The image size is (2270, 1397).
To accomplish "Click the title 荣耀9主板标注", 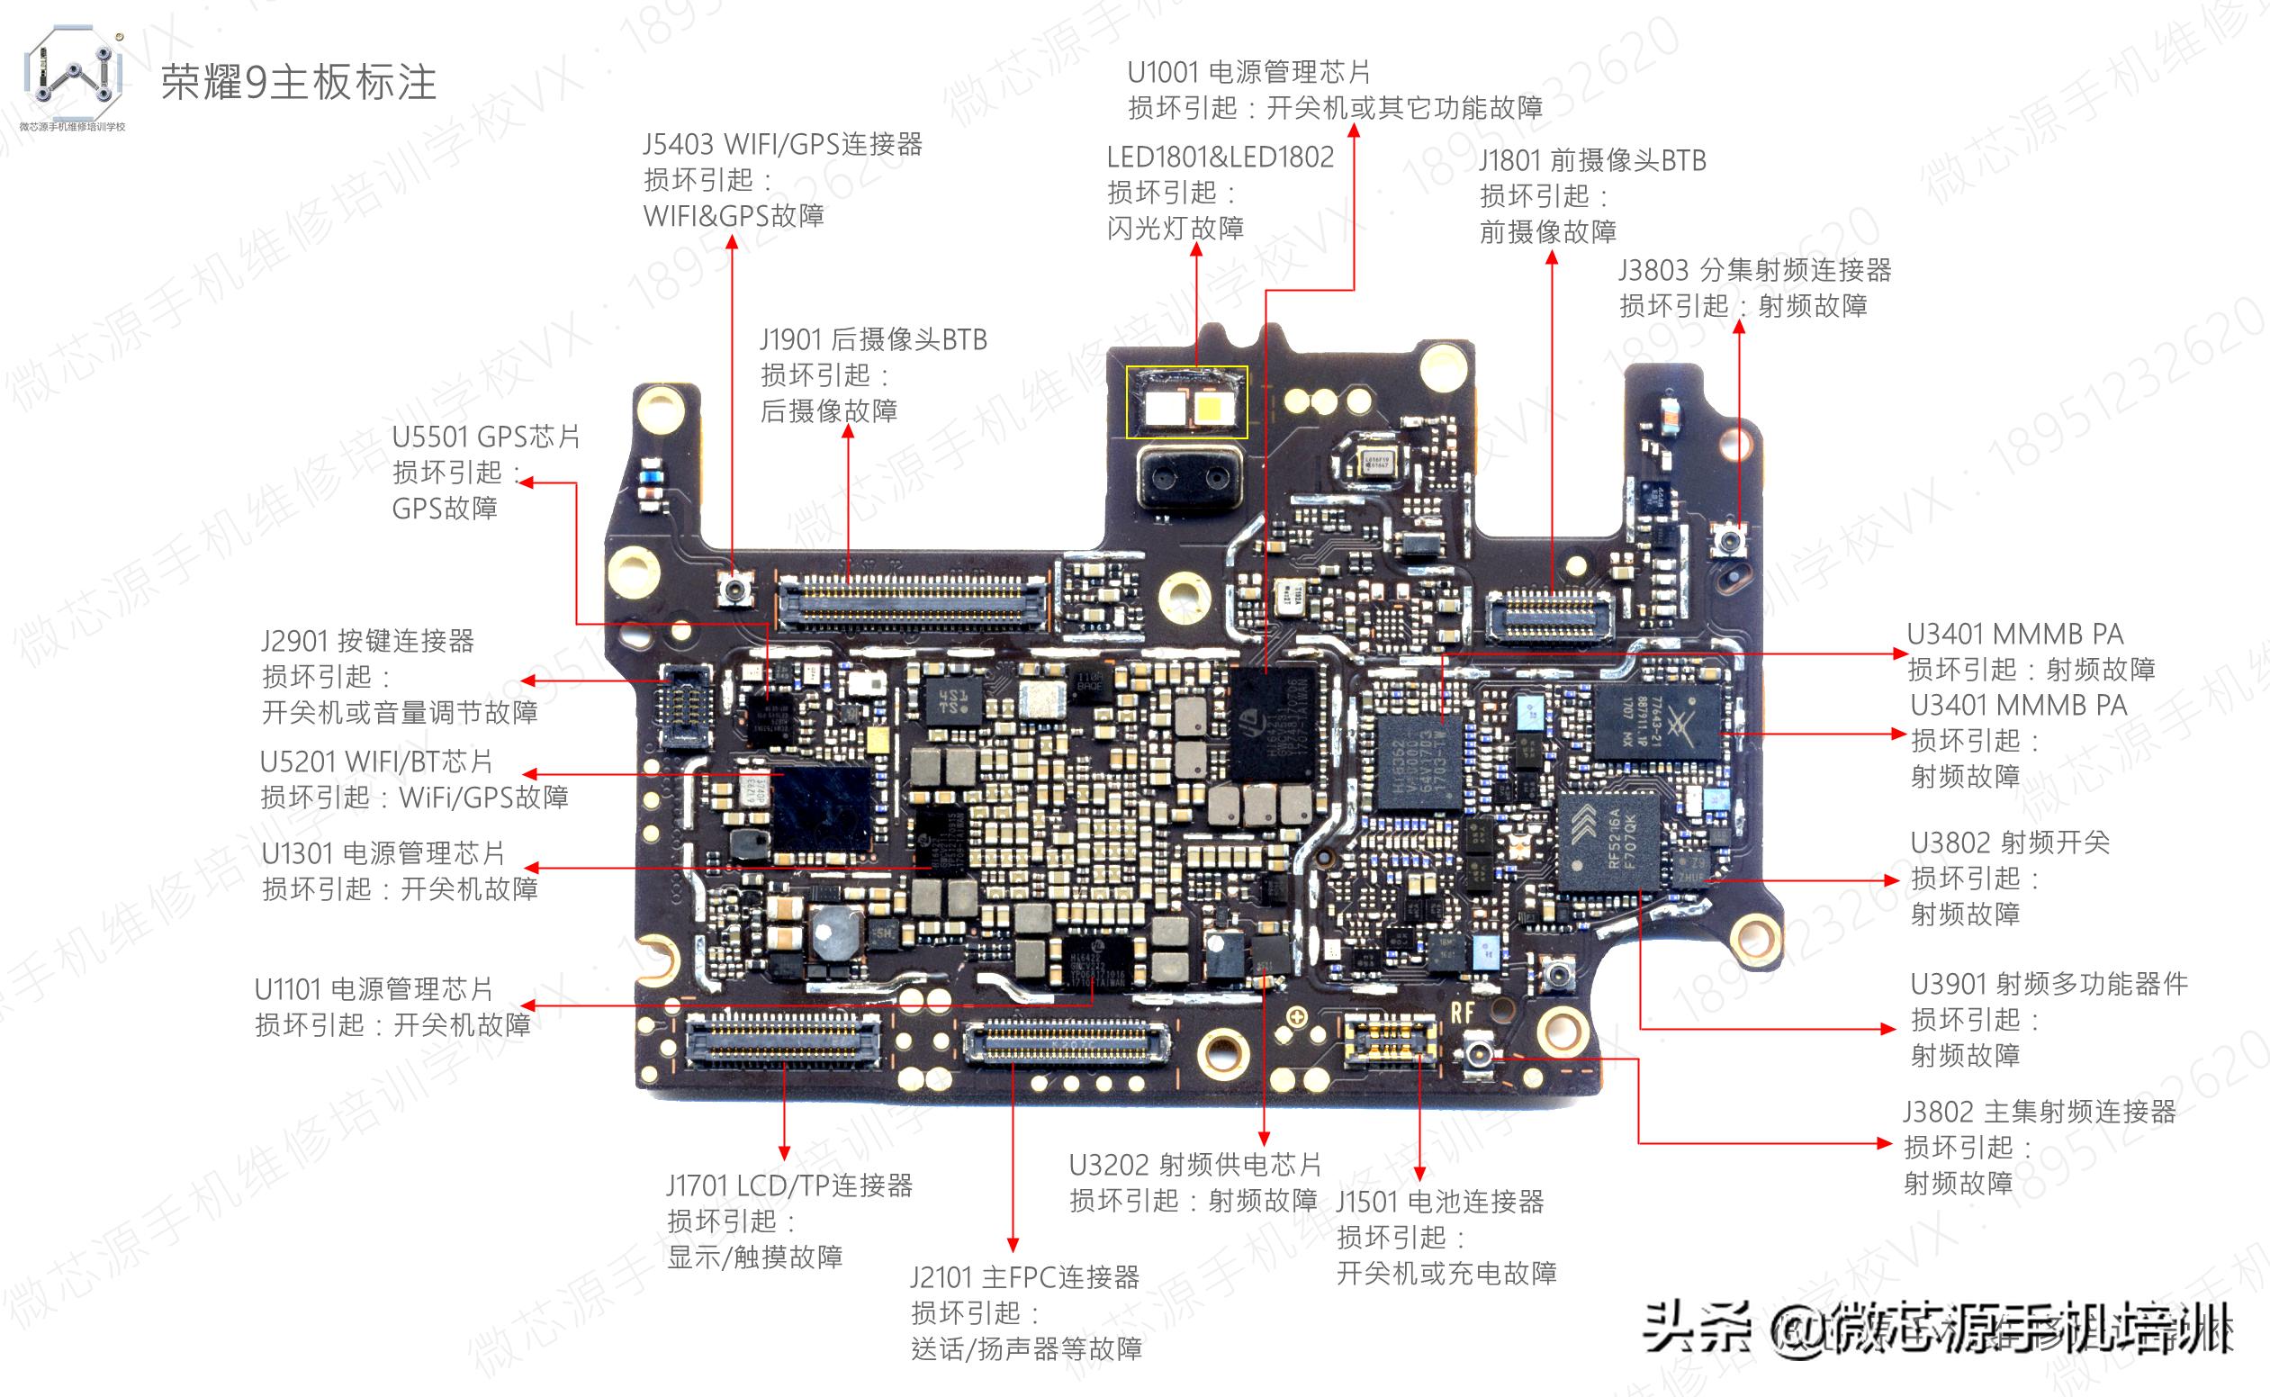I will pyautogui.click(x=299, y=83).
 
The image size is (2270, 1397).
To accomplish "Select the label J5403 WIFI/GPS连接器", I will pyautogui.click(x=782, y=144).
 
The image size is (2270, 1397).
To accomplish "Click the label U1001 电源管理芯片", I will pyautogui.click(x=1248, y=72).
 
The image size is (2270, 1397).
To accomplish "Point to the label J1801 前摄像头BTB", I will pyautogui.click(x=1592, y=161).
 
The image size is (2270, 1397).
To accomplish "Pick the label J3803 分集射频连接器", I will pyautogui.click(x=1754, y=270).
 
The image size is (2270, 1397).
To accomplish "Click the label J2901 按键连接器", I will pyautogui.click(x=368, y=640).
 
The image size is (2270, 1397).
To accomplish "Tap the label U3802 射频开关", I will pyautogui.click(x=2010, y=843).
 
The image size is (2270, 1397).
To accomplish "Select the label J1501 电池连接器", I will pyautogui.click(x=1439, y=1201).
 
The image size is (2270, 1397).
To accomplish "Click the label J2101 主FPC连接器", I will pyautogui.click(x=1024, y=1277).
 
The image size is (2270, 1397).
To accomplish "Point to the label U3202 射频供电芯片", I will pyautogui.click(x=1194, y=1164).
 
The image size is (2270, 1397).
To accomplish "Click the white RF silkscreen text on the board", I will pyautogui.click(x=1462, y=1013).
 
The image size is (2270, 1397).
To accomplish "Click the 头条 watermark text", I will pyautogui.click(x=1697, y=1328).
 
